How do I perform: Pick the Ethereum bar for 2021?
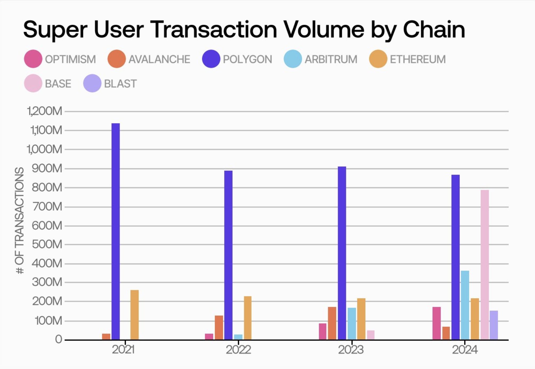[x=135, y=315]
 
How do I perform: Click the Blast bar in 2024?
[x=494, y=325]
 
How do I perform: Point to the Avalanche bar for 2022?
[x=219, y=327]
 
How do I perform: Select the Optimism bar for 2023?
[x=323, y=331]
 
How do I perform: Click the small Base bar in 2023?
[x=371, y=335]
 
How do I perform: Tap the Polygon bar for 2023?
[x=342, y=253]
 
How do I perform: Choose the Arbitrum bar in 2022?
[x=238, y=337]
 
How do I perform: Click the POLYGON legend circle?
[x=211, y=59]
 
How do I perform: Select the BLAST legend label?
[x=120, y=84]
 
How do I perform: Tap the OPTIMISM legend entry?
[x=70, y=59]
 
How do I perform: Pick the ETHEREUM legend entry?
[x=417, y=59]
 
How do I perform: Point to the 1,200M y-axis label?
[x=45, y=111]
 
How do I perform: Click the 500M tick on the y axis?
[x=47, y=244]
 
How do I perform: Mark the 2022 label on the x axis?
[x=238, y=350]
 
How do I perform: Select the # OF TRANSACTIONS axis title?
[x=19, y=220]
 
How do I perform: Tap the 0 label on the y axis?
[x=59, y=339]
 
